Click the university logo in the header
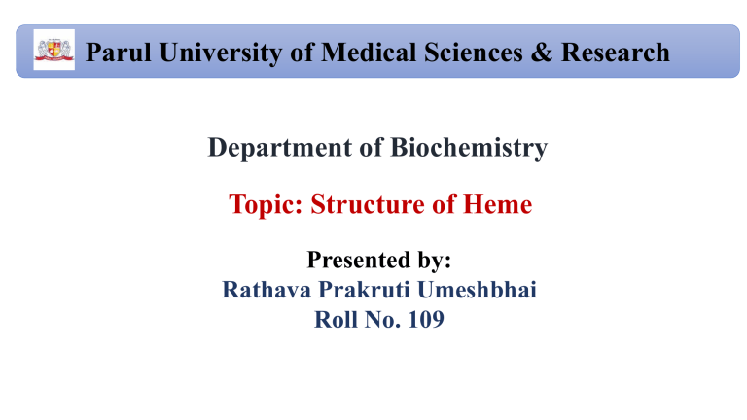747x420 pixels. tap(48, 51)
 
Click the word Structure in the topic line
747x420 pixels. tap(365, 205)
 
